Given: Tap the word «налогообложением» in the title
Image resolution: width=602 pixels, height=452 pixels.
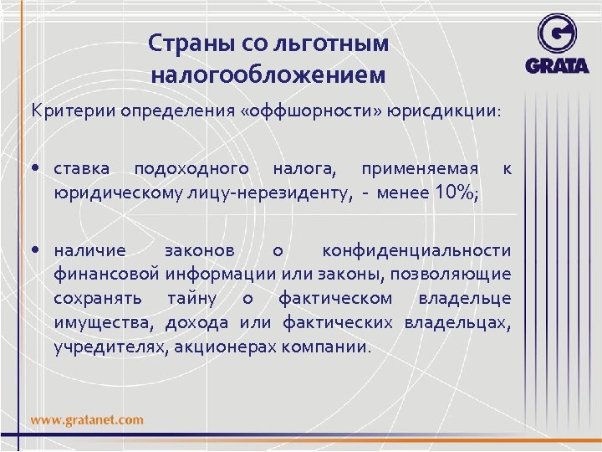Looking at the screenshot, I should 268,74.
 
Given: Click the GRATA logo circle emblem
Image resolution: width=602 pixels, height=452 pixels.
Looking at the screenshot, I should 557,35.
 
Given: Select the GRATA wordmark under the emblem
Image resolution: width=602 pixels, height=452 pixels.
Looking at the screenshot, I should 558,65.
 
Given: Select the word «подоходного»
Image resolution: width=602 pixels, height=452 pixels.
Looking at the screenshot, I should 191,168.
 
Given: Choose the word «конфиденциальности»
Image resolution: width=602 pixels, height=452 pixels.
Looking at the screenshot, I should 416,250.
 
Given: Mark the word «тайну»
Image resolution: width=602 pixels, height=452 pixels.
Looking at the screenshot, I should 191,298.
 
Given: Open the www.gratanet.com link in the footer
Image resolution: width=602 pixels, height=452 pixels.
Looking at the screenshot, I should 88,419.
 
